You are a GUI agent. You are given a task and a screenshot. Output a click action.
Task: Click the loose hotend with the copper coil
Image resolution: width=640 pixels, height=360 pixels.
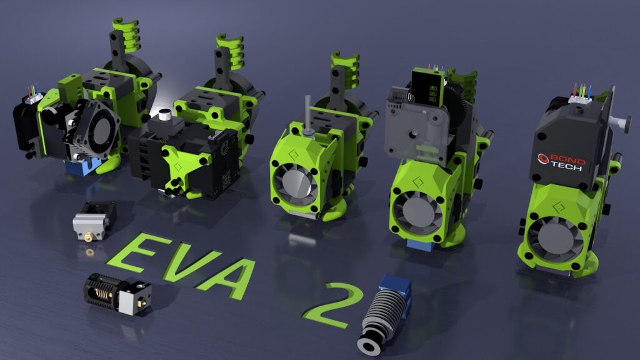117,294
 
